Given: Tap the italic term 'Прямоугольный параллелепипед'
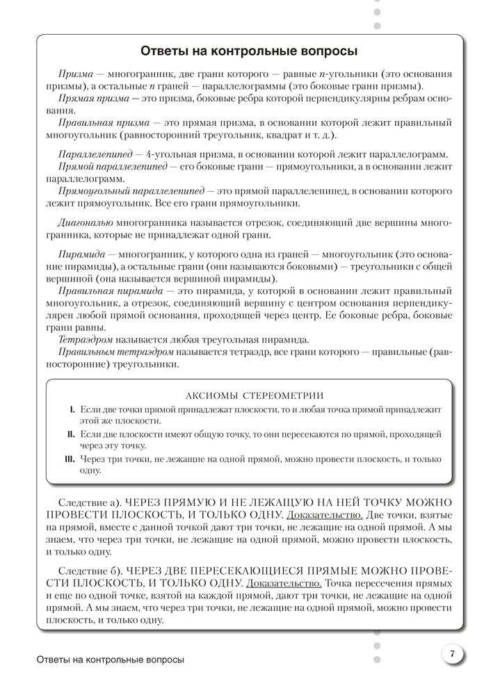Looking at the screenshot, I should click(x=132, y=190).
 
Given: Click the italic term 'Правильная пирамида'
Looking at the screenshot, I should click(x=111, y=291).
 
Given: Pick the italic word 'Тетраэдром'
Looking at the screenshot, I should click(x=87, y=338).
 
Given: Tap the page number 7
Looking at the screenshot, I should click(x=452, y=653).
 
